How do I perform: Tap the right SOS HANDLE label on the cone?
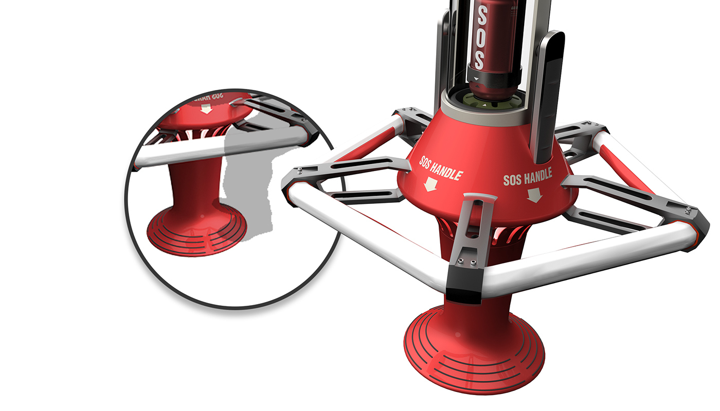coord(527,176)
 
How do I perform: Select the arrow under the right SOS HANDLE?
coord(534,194)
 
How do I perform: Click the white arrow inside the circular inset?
coord(206,109)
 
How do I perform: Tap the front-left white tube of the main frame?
coord(370,236)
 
